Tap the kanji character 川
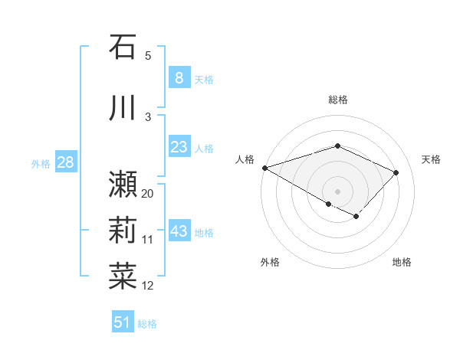point(123,107)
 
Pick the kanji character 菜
point(123,274)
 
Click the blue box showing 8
point(179,77)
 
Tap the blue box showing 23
point(179,147)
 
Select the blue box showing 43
point(179,231)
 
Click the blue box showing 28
point(65,162)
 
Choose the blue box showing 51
point(123,322)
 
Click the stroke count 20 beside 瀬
point(148,193)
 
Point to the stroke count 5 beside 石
point(148,55)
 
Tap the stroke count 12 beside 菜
point(148,286)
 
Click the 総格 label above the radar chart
point(337,100)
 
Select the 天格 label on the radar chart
point(431,159)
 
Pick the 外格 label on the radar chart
point(270,262)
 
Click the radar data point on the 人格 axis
point(264,168)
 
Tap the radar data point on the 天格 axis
point(396,172)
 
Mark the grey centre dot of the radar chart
point(337,190)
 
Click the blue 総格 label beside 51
point(147,324)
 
